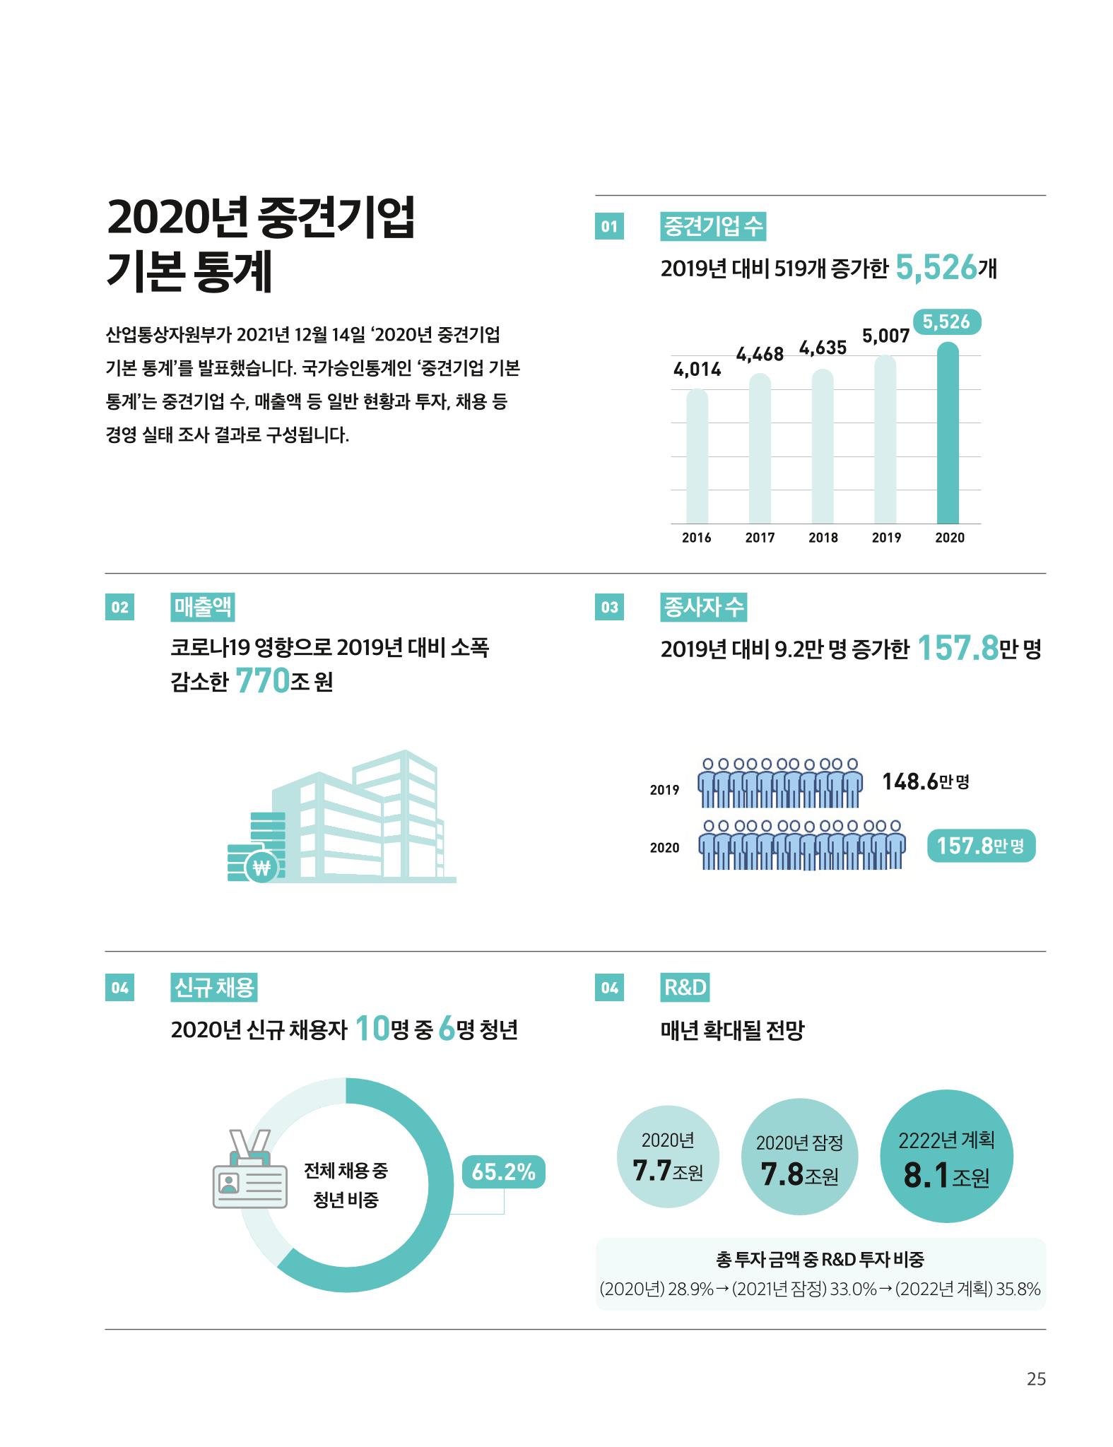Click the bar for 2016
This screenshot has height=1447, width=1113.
pos(697,456)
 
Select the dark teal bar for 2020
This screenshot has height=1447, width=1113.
pos(948,432)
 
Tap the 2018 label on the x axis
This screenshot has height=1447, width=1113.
pos(823,538)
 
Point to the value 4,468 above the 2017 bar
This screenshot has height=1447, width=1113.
pos(760,353)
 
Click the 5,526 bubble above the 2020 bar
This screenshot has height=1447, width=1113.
pos(947,322)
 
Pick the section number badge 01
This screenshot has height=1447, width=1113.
pos(609,227)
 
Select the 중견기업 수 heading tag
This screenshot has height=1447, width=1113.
pos(712,227)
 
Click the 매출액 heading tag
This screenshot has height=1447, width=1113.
pos(203,607)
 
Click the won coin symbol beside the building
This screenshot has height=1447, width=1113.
pos(261,868)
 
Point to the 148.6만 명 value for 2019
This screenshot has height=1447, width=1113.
pos(926,781)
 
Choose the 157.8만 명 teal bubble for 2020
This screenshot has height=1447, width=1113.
pos(981,845)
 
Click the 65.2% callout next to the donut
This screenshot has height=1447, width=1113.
pos(503,1172)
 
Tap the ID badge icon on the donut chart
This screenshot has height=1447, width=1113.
pos(249,1169)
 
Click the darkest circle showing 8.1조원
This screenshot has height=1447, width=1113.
pos(946,1157)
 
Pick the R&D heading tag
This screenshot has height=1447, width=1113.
pos(684,988)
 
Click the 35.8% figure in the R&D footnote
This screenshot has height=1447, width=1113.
pos(1018,1289)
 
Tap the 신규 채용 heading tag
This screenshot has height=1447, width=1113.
pos(213,988)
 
